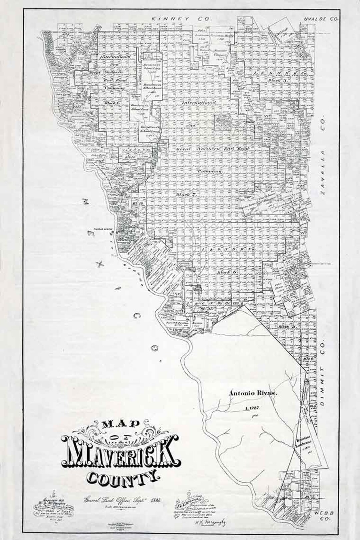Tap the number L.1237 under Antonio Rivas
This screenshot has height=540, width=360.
(x=255, y=408)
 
